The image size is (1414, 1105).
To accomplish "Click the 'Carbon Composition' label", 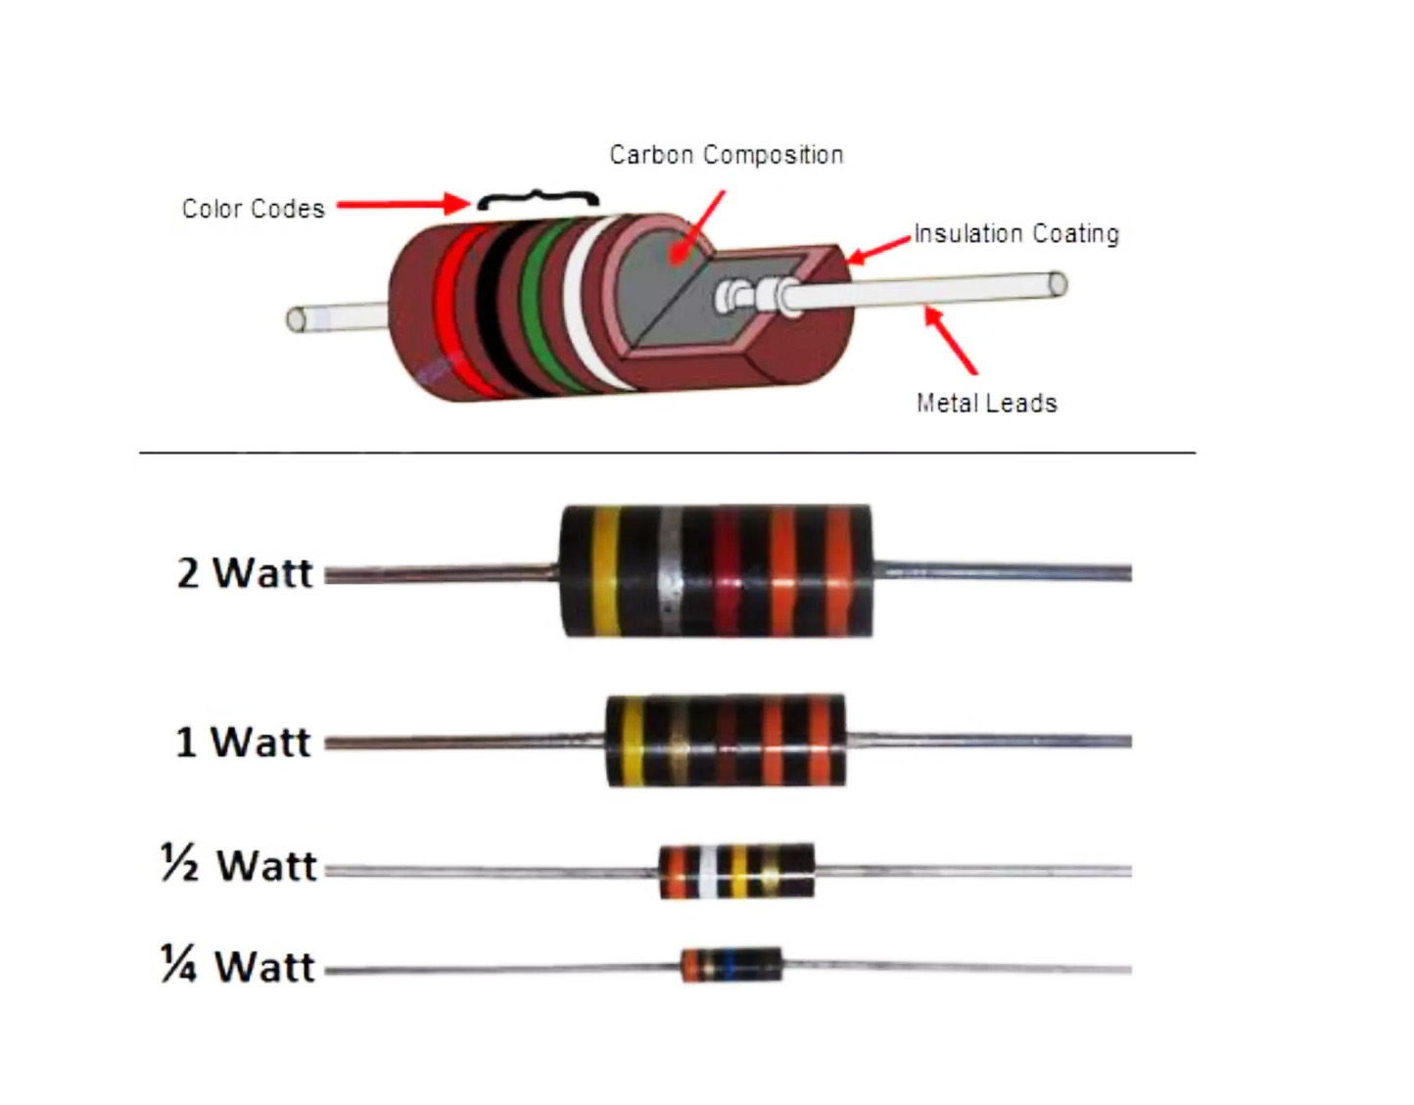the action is pos(727,155).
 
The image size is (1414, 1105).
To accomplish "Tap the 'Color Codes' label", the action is pos(253,209).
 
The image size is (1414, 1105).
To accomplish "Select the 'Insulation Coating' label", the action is pos(1016,233).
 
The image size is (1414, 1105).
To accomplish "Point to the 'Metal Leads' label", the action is pos(986,404).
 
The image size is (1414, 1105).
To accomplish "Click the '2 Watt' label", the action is pos(245,573).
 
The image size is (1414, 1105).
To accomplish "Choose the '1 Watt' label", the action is pos(243,742).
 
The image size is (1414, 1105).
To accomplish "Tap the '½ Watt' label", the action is pos(239,865).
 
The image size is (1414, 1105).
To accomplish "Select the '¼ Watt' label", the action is pos(238,965).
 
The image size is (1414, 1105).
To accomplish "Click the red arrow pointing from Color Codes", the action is pos(403,205).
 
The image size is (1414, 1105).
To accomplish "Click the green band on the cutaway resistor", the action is pos(542,306).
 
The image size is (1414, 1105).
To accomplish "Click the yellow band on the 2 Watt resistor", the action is pos(605,571).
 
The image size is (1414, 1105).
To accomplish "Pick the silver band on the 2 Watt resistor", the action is pos(670,571).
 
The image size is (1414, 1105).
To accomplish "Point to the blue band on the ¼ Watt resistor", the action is pos(729,965).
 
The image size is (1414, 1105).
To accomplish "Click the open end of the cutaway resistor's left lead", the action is pos(297,319).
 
